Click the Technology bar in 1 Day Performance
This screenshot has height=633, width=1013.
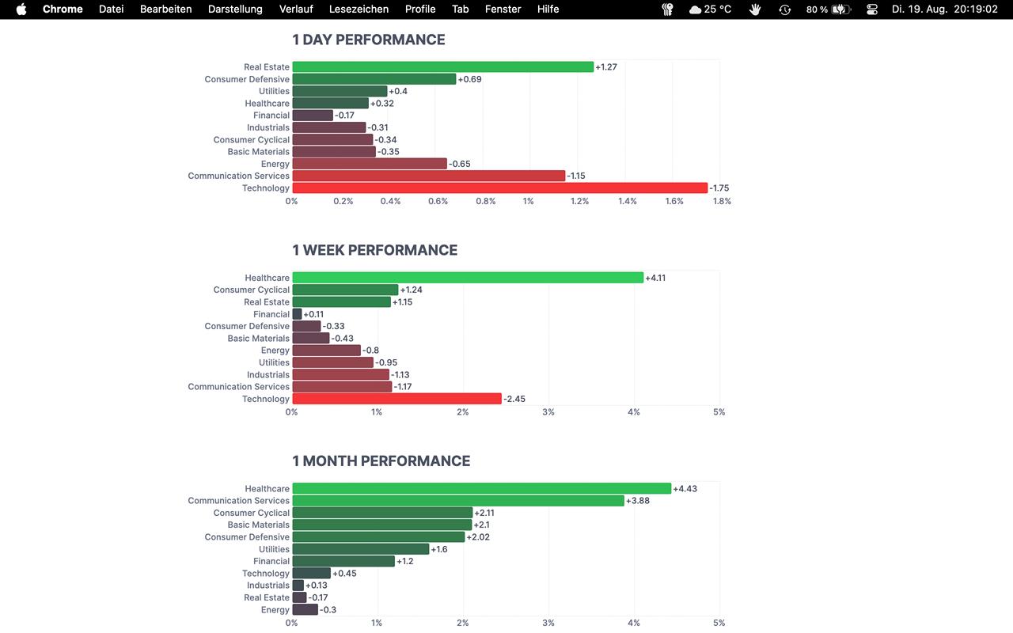499,188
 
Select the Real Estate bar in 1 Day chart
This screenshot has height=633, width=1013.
442,67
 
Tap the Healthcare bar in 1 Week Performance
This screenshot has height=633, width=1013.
468,278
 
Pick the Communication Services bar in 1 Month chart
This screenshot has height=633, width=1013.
458,501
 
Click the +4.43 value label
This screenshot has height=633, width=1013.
685,489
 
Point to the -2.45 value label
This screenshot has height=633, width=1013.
514,399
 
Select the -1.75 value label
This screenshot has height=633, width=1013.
719,188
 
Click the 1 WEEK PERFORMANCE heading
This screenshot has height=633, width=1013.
374,250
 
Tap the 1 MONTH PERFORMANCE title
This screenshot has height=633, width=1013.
381,461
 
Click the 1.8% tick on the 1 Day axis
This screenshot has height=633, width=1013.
722,201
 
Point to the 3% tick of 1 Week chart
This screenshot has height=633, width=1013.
548,412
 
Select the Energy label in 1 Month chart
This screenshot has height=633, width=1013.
275,610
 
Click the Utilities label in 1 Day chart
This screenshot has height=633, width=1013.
274,92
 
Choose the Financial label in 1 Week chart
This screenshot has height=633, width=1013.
271,314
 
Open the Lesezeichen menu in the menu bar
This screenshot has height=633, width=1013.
359,9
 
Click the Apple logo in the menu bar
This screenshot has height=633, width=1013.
21,9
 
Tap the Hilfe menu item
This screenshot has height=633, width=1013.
548,9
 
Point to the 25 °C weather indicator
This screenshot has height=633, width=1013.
710,9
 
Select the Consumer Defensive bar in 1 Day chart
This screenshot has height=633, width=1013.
374,79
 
